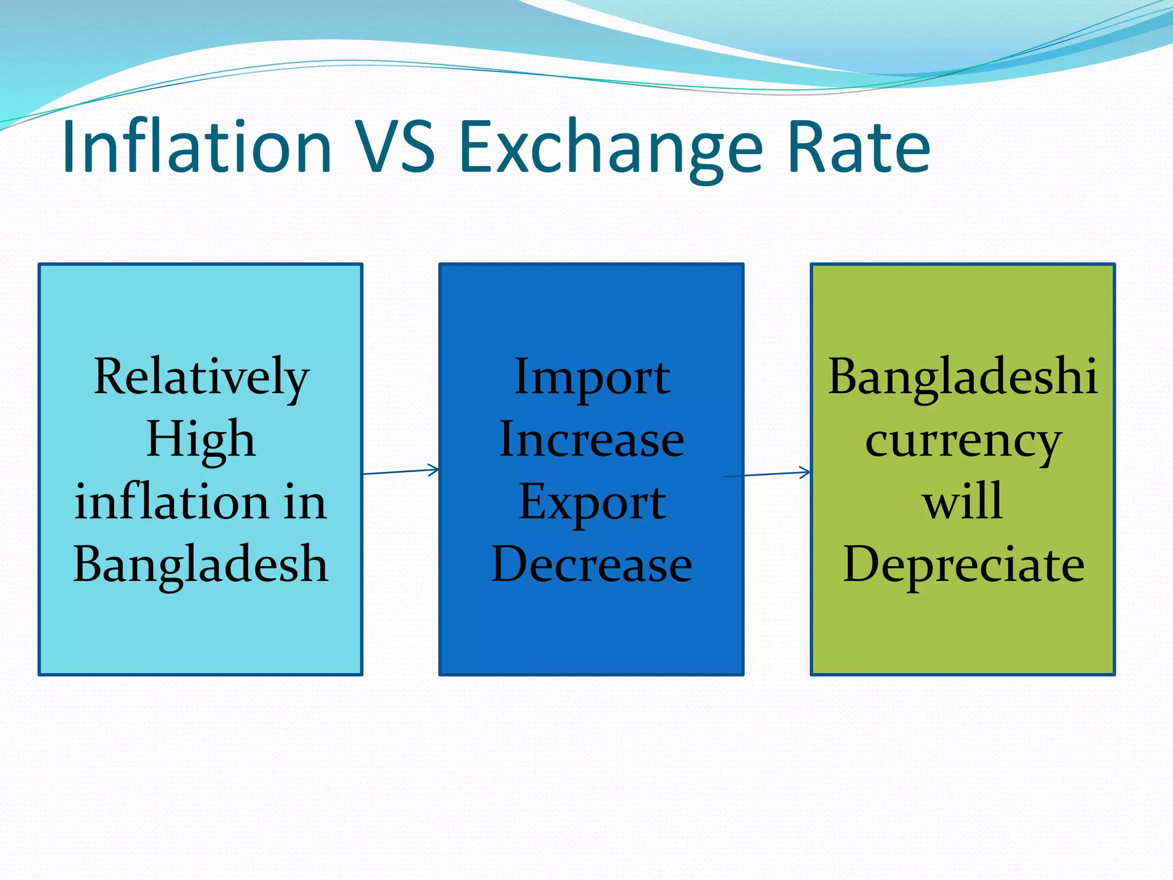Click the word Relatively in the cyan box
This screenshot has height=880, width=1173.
point(202,378)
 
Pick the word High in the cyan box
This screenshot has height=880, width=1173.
point(200,440)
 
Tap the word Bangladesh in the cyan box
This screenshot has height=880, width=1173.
point(200,564)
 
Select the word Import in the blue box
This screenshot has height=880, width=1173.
point(592,378)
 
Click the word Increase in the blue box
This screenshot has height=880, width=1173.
point(592,440)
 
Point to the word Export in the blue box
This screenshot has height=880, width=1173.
point(592,503)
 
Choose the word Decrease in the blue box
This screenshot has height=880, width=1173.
point(592,564)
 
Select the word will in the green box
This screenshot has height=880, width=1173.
point(963,502)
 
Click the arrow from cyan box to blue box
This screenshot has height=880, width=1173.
point(400,472)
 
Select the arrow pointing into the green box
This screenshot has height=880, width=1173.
point(767,474)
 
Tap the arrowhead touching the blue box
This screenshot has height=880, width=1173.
point(434,470)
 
